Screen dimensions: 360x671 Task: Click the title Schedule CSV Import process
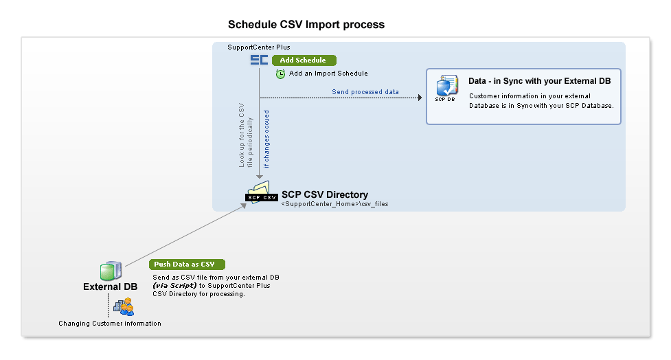pos(306,25)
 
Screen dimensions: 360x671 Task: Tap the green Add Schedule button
pos(304,60)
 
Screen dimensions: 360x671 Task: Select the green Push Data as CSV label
pos(187,265)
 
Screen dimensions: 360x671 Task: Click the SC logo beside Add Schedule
pos(259,60)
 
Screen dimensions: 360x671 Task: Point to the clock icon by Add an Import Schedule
pos(280,74)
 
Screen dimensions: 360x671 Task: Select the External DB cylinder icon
pos(111,271)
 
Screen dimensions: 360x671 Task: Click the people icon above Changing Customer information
pos(124,306)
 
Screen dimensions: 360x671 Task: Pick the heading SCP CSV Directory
pos(324,195)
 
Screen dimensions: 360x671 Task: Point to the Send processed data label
pos(365,91)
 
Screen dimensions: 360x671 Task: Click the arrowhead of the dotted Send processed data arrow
pos(419,98)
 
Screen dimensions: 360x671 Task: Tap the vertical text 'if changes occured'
pos(267,138)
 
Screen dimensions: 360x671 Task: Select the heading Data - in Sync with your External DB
pos(539,81)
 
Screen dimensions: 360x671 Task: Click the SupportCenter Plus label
pos(258,47)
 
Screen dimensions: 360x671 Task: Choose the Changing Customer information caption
pos(110,324)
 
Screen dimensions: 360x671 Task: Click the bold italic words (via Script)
pos(174,285)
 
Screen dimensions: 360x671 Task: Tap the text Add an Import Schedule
pos(328,74)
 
